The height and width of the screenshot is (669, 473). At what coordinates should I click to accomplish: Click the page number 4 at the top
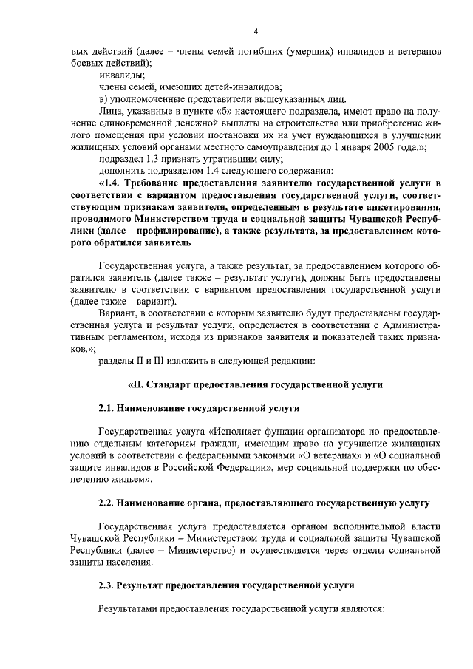point(256,30)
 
